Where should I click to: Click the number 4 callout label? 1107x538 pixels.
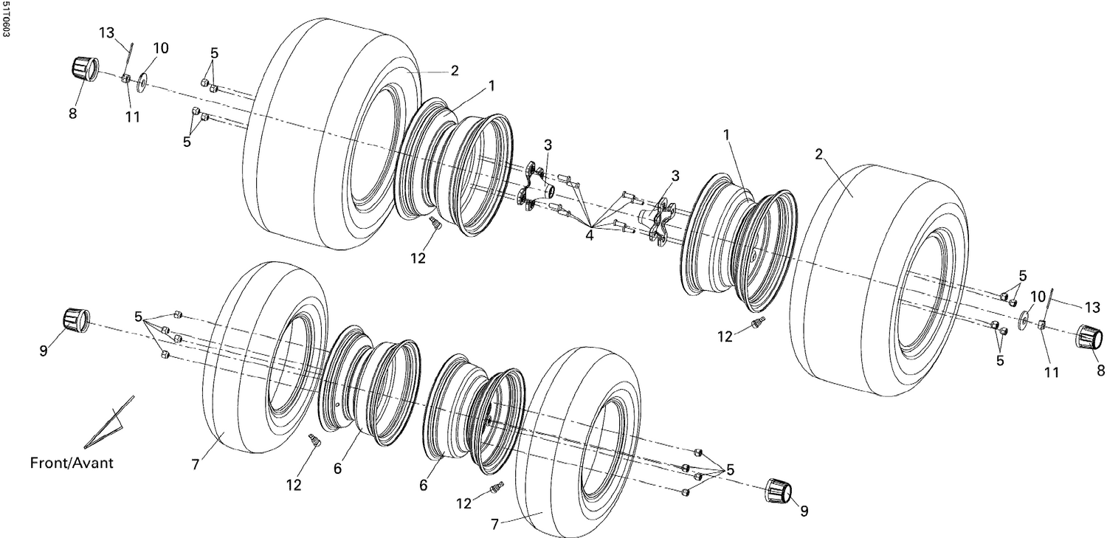tap(589, 235)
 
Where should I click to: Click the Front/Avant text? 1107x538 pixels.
tap(72, 463)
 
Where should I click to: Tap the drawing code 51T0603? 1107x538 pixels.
tap(6, 20)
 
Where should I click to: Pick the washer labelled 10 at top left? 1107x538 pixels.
tap(142, 77)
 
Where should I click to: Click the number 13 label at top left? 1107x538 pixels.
tap(107, 33)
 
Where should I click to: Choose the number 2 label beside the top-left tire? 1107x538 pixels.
tap(455, 71)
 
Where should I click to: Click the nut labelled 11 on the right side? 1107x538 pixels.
tap(1041, 325)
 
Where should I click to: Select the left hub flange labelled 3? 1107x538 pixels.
tap(535, 188)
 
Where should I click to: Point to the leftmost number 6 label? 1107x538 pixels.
tap(337, 467)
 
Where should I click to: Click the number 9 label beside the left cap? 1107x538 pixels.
tap(43, 351)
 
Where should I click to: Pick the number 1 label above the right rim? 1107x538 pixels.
tap(727, 135)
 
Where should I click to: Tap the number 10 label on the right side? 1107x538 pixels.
tap(1038, 297)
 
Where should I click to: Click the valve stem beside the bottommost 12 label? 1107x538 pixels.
tap(497, 488)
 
